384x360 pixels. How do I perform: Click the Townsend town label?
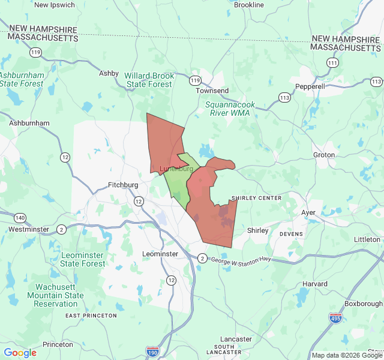(212, 91)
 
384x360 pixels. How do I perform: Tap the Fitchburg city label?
(123, 185)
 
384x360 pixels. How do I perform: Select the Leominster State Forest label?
(83, 260)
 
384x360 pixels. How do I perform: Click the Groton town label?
(324, 155)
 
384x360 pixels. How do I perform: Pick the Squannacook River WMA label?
(230, 108)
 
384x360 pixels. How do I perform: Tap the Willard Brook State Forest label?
(149, 80)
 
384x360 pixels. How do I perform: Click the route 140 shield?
(20, 218)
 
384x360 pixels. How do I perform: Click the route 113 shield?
(284, 97)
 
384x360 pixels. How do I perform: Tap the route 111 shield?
(332, 62)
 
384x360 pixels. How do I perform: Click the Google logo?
(20, 353)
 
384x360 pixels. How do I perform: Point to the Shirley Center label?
(256, 199)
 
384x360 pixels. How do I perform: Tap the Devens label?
(292, 234)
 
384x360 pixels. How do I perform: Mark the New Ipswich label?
(55, 5)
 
